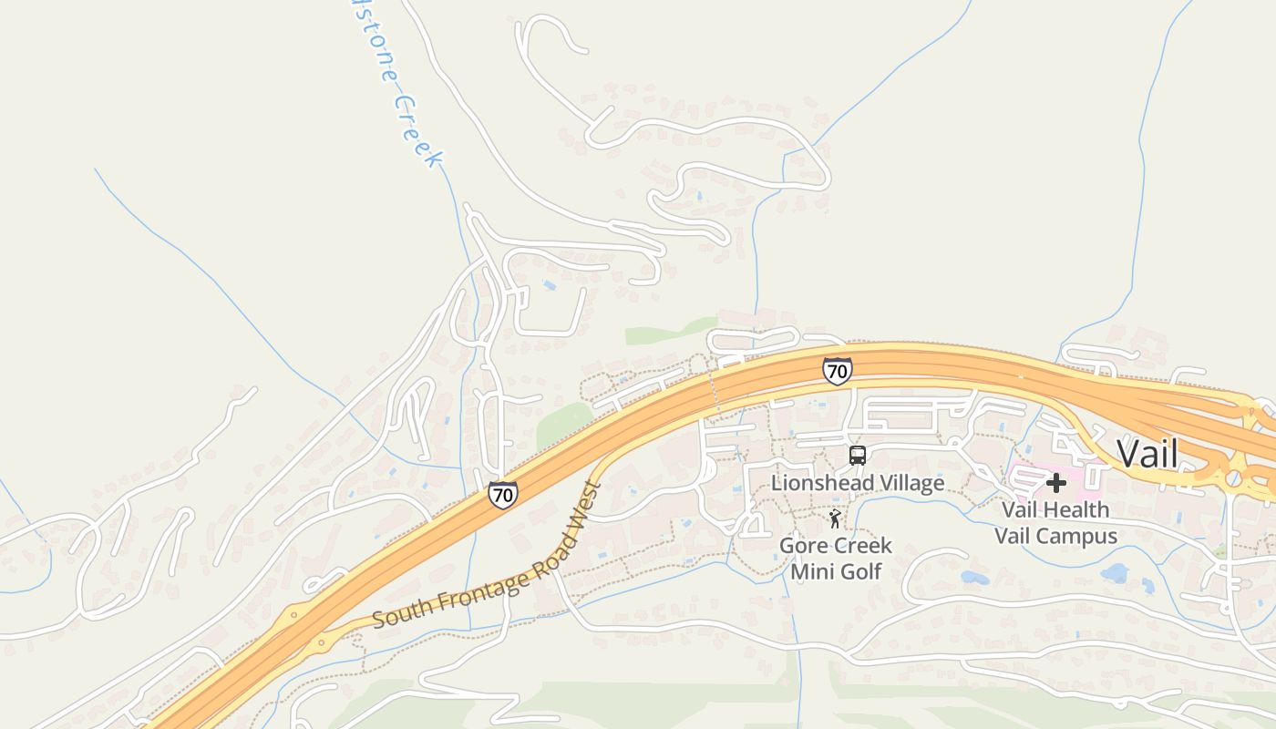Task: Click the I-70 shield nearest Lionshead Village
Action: click(x=837, y=370)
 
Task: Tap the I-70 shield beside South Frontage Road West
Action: click(x=502, y=495)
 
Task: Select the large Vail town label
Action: click(x=1147, y=454)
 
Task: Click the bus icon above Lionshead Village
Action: click(x=857, y=456)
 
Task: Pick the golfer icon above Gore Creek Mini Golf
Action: click(x=835, y=519)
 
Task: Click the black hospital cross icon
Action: click(x=1055, y=482)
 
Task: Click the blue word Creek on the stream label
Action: click(x=417, y=131)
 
